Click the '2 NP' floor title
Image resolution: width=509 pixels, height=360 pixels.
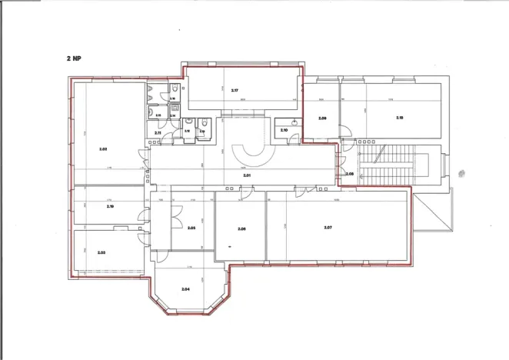coord(76,58)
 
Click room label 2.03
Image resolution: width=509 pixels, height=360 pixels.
coord(101,252)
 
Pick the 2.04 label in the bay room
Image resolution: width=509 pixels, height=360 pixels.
coord(185,288)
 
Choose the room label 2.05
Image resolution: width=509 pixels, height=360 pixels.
coord(191,228)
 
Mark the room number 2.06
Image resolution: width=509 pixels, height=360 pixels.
coord(241,229)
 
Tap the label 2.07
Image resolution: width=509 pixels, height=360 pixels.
coord(328,228)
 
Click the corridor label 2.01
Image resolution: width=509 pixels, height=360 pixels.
coord(247,176)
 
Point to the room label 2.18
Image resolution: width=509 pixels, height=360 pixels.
coord(399,118)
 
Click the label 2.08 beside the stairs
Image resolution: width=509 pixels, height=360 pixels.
coord(349,174)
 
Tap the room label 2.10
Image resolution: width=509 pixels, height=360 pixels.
coord(284,130)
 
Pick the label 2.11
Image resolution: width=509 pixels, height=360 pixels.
coord(158,133)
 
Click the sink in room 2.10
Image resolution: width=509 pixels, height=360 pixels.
coord(295,122)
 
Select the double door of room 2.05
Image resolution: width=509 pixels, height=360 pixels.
coord(178,209)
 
